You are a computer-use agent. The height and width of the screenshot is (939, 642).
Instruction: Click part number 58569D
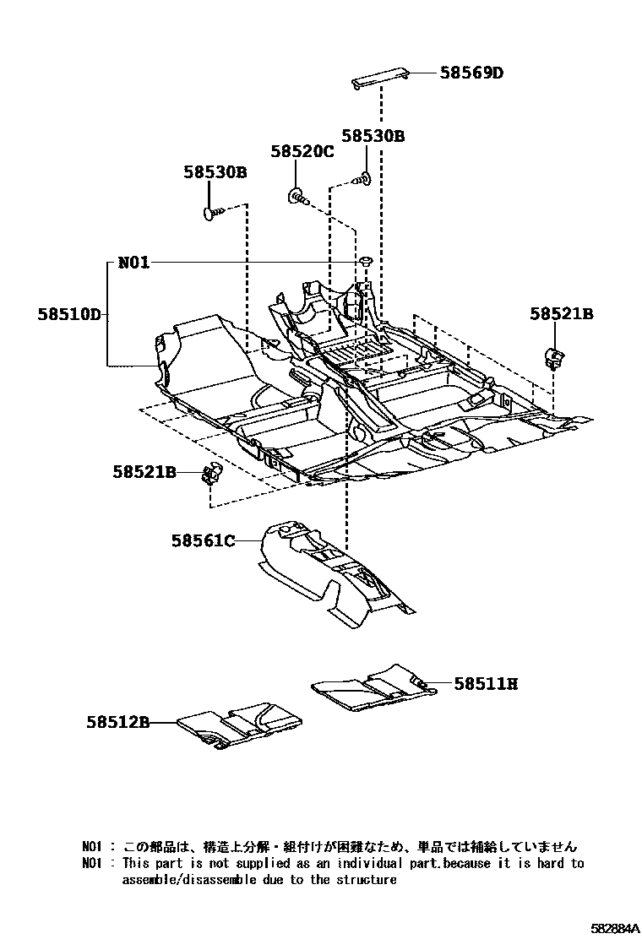471,73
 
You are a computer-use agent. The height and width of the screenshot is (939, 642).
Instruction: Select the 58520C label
302,152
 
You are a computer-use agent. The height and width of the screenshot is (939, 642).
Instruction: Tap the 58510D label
69,315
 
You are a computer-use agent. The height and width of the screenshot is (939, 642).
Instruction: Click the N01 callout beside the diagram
133,263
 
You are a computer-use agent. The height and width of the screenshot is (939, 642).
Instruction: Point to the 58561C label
203,540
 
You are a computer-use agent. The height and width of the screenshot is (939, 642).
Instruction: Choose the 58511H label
485,684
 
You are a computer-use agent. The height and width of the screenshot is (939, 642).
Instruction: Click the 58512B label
117,722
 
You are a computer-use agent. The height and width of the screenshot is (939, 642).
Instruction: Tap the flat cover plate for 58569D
380,78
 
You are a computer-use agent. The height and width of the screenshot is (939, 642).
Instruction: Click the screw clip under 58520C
298,198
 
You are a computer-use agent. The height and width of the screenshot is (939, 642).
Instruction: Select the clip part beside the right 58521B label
553,357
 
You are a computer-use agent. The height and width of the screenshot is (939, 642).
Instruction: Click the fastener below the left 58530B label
212,214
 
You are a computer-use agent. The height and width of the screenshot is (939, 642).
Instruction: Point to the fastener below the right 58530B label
364,178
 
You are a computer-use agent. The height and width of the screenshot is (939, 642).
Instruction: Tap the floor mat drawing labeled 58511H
372,686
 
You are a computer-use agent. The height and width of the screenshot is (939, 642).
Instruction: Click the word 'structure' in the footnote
366,879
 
